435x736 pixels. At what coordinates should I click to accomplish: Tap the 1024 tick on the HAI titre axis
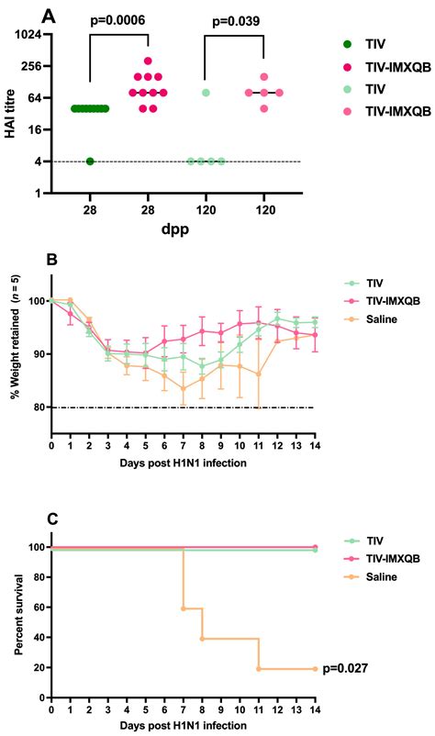pyautogui.click(x=32, y=35)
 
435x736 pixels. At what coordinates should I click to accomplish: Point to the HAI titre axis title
pyautogui.click(x=9, y=114)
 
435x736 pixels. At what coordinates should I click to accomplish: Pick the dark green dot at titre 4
pyautogui.click(x=90, y=162)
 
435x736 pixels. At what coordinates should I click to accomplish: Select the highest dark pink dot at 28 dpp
pyautogui.click(x=148, y=61)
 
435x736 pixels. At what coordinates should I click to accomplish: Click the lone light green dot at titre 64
pyautogui.click(x=206, y=93)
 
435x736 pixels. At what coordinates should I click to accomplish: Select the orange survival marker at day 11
pyautogui.click(x=259, y=669)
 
